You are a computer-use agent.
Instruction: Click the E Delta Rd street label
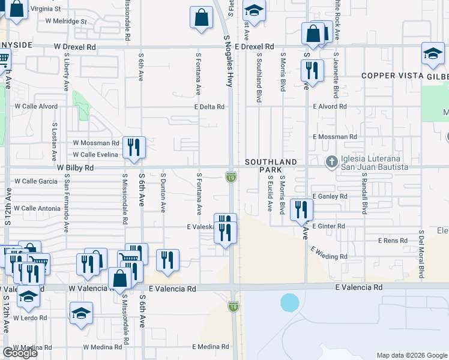pyautogui.click(x=208, y=107)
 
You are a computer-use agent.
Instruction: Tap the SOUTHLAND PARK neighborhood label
pyautogui.click(x=271, y=166)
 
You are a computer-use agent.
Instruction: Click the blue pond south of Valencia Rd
pyautogui.click(x=289, y=302)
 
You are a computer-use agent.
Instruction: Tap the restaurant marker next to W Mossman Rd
pyautogui.click(x=134, y=148)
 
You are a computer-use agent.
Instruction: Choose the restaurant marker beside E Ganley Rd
pyautogui.click(x=301, y=210)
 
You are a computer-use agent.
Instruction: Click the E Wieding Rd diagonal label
pyautogui.click(x=328, y=252)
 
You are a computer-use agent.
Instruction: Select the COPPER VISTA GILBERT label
pyautogui.click(x=405, y=76)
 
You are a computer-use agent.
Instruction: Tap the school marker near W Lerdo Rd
pyautogui.click(x=81, y=313)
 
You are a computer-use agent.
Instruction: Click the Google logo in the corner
pyautogui.click(x=20, y=353)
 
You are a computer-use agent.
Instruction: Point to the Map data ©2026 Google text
pyautogui.click(x=412, y=355)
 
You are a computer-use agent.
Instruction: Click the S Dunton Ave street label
pyautogui.click(x=163, y=193)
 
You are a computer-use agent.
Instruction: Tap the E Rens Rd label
pyautogui.click(x=393, y=241)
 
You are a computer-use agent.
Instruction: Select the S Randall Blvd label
pyautogui.click(x=364, y=195)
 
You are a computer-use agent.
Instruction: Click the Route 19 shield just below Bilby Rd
pyautogui.click(x=231, y=176)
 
